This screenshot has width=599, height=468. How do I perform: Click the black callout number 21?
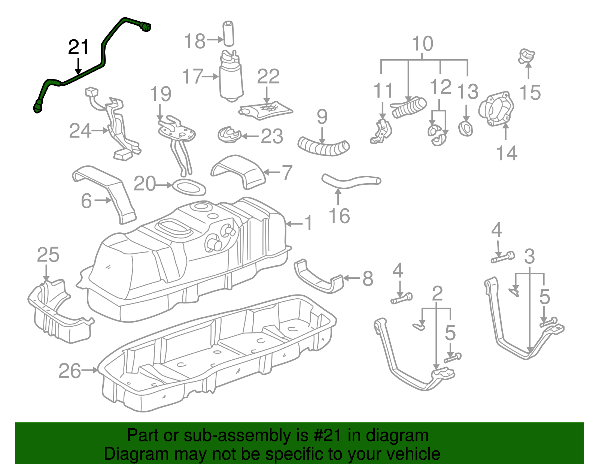tap(79, 48)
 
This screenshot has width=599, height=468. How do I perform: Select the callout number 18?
tap(195, 41)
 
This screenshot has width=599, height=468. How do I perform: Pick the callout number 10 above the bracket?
tap(423, 44)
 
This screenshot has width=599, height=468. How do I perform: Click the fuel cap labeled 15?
tap(527, 56)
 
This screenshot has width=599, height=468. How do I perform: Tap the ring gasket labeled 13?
tap(466, 129)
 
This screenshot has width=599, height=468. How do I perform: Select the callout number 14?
tap(507, 153)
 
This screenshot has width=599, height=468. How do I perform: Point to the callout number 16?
tap(339, 216)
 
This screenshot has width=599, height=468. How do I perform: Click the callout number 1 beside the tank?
tap(308, 223)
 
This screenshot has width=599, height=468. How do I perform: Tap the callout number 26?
tap(70, 371)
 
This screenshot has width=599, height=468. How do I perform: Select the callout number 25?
tap(48, 255)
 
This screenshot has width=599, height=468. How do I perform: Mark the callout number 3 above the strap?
tap(529, 257)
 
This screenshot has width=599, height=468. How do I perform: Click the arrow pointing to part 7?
tap(272, 172)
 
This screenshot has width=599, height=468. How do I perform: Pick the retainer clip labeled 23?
tap(228, 135)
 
